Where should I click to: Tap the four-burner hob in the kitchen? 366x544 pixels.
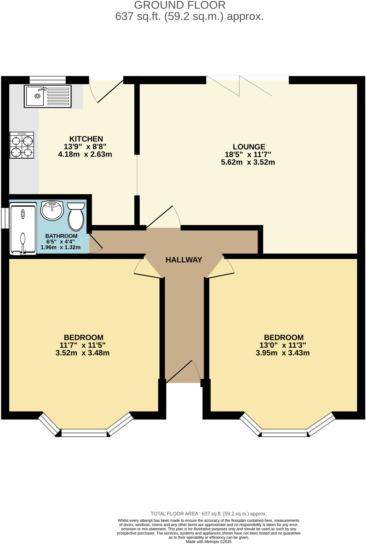(x=21, y=145)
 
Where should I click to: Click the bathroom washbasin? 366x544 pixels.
(x=52, y=210)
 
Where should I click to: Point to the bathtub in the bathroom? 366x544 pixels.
(x=23, y=229)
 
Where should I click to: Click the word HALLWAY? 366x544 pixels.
(x=184, y=260)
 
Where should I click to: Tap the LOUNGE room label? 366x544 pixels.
(x=249, y=147)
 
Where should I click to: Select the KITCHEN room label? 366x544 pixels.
(x=86, y=139)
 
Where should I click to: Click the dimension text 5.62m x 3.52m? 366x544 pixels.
(x=248, y=162)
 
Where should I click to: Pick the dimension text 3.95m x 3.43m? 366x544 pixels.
(x=282, y=353)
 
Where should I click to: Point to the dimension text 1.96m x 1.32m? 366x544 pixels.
(x=60, y=247)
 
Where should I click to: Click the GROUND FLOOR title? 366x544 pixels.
(x=180, y=5)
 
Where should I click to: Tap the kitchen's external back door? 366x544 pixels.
(x=109, y=91)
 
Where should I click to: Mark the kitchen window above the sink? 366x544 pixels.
(x=48, y=80)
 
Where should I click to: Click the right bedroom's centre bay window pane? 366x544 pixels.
(x=284, y=434)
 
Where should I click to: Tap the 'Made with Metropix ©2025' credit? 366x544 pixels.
(x=208, y=542)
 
